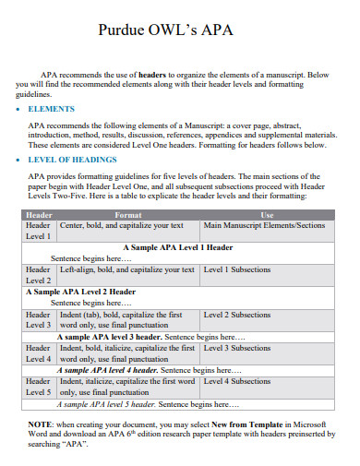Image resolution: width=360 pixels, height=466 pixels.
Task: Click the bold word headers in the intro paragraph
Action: [152, 74]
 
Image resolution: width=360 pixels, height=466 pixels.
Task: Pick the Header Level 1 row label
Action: [39, 231]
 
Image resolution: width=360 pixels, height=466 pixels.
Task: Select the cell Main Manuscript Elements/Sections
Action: [264, 225]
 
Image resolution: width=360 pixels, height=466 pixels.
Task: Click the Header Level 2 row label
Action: [39, 275]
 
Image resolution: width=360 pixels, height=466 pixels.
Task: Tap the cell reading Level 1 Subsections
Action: [237, 269]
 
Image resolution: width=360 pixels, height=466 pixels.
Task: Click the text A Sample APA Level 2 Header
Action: [81, 292]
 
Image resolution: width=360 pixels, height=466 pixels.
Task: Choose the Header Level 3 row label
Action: [39, 319]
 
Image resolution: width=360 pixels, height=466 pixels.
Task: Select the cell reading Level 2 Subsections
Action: [237, 315]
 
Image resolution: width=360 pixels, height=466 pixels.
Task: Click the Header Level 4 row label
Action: [39, 353]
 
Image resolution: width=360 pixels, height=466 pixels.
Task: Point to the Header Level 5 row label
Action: [39, 387]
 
